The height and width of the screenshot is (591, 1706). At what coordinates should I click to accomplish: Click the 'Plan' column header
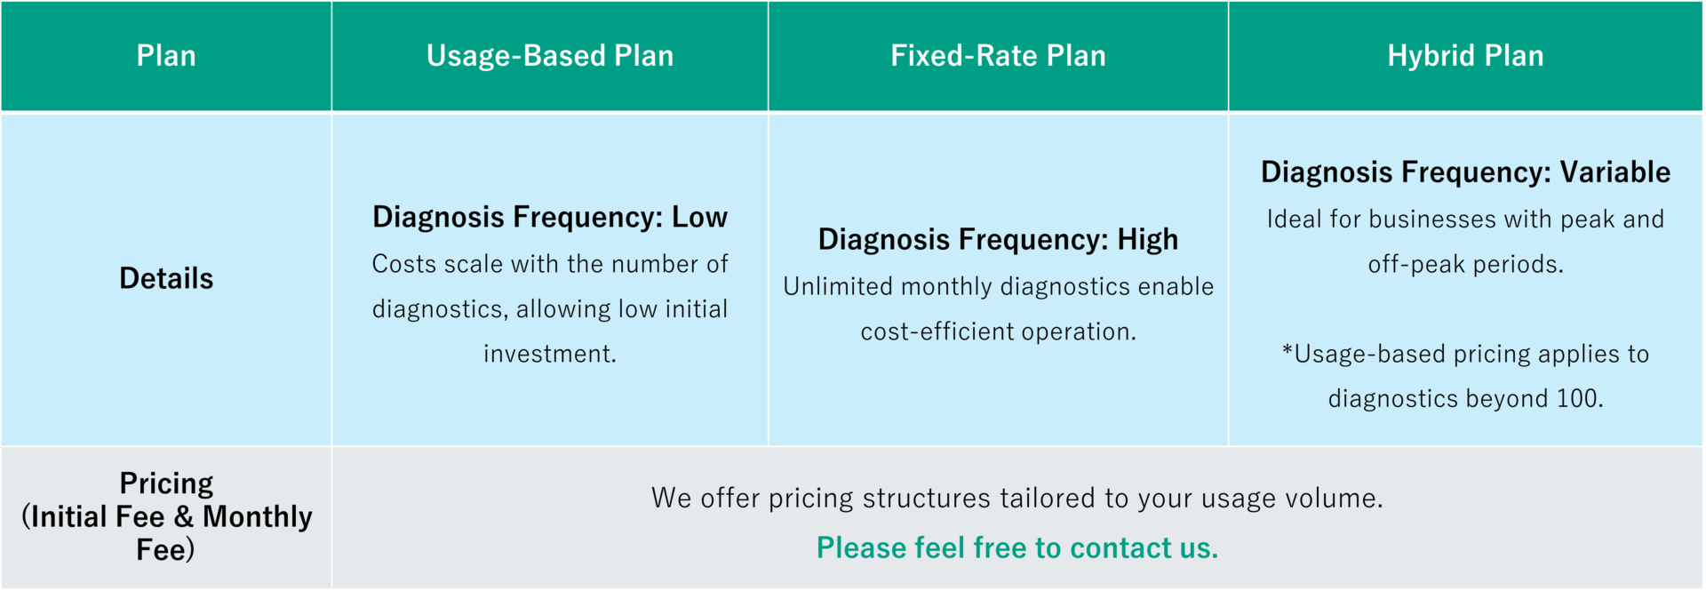pyautogui.click(x=166, y=56)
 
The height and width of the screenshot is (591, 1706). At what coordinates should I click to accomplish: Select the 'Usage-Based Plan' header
pyautogui.click(x=550, y=56)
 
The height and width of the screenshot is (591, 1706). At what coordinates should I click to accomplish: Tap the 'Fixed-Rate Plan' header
pyautogui.click(x=999, y=56)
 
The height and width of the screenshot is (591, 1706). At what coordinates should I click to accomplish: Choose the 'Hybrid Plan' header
pyautogui.click(x=1466, y=56)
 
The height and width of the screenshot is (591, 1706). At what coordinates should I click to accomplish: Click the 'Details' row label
pyautogui.click(x=166, y=278)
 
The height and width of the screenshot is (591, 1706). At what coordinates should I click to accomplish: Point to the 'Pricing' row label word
pyautogui.click(x=166, y=484)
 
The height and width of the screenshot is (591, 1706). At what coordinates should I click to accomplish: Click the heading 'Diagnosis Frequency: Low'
pyautogui.click(x=550, y=218)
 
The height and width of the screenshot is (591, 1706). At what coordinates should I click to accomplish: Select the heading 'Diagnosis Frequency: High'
pyautogui.click(x=999, y=240)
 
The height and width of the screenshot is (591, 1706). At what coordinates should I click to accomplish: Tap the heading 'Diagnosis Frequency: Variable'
pyautogui.click(x=1466, y=172)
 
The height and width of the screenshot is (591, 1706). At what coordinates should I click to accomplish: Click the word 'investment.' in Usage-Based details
pyautogui.click(x=550, y=354)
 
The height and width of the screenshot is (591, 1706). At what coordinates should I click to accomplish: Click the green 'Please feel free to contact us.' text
pyautogui.click(x=1017, y=548)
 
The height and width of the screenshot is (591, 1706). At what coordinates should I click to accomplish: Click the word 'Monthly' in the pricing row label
pyautogui.click(x=258, y=517)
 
